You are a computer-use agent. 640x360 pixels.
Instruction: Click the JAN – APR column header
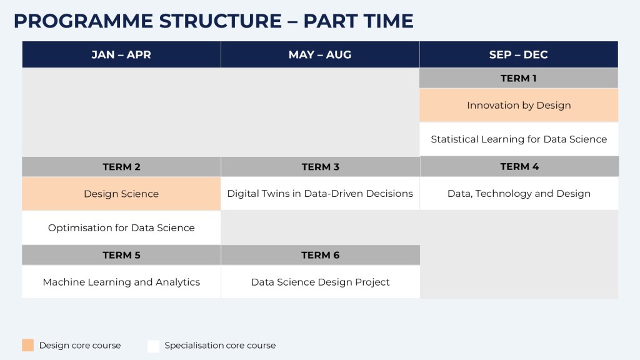point(121,54)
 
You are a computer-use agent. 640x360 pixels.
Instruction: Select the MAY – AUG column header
point(320,54)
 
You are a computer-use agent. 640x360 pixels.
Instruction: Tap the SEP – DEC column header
point(519,54)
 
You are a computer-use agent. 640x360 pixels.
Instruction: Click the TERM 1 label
point(519,78)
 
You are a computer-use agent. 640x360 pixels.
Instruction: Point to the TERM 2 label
point(121,166)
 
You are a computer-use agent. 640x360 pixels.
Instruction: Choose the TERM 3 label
point(321,166)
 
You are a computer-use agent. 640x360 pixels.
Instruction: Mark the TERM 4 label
point(519,166)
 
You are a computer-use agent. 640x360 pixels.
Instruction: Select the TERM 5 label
point(121,255)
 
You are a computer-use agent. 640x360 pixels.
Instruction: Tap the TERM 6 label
point(321,255)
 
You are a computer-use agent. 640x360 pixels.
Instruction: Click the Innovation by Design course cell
point(519,105)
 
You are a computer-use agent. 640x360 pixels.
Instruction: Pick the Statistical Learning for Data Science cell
point(519,139)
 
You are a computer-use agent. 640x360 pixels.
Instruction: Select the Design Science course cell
point(121,194)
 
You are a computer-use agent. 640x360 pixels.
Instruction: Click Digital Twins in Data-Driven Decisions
point(320,194)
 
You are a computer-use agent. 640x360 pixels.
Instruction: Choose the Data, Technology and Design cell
point(519,194)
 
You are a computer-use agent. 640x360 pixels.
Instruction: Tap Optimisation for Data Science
point(121,227)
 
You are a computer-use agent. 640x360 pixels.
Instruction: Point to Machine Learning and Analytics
point(121,282)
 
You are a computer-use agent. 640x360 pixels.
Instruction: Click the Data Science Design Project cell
point(321,282)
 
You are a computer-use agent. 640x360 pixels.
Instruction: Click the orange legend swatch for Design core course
point(27,345)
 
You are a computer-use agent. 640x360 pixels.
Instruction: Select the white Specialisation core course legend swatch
point(154,346)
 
